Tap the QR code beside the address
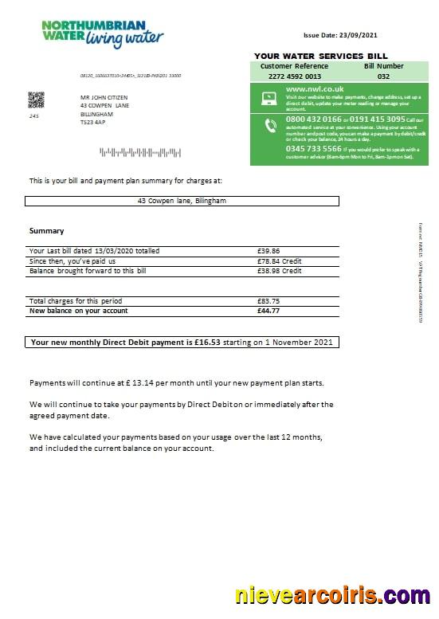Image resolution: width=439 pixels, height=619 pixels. click(36, 100)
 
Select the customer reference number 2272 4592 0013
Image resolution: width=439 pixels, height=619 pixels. click(294, 76)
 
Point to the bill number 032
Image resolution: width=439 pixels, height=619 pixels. click(383, 76)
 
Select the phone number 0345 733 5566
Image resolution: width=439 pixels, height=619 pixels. click(313, 148)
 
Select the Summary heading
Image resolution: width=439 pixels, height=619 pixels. click(46, 231)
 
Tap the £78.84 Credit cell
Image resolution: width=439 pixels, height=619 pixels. click(276, 261)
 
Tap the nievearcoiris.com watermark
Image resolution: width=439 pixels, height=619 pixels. click(332, 595)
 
